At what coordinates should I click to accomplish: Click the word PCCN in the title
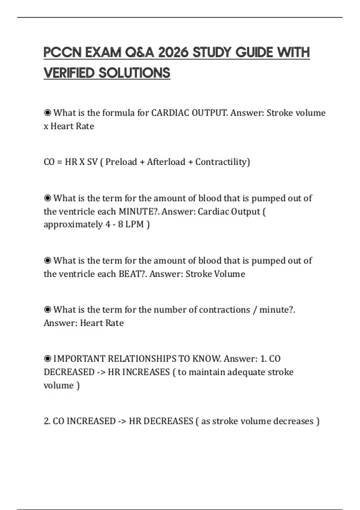coord(62,52)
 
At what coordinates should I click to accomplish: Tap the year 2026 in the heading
coord(173,52)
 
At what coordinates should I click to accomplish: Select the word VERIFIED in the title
coord(69,73)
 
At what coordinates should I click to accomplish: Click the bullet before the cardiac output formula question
coord(47,113)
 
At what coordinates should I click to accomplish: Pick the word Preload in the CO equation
coord(121,162)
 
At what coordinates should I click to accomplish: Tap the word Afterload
coord(166,162)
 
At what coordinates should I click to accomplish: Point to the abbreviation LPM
coord(134,224)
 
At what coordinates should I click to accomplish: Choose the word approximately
coord(73,224)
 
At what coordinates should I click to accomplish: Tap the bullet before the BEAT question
coord(47,260)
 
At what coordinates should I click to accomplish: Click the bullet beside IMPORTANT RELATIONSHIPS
coord(47,358)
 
